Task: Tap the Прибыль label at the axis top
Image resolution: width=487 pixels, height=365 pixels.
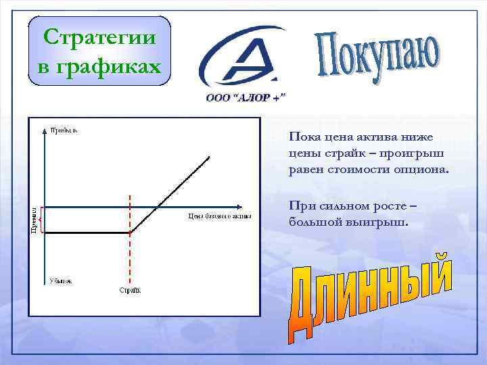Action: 63,130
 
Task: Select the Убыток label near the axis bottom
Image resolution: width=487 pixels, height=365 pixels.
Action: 60,281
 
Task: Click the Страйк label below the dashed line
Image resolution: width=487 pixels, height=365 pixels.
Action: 131,291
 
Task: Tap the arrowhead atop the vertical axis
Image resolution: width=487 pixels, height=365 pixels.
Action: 45,124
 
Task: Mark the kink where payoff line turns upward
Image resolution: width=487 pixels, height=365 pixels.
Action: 130,233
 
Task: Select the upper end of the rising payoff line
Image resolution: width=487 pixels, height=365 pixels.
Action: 209,157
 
